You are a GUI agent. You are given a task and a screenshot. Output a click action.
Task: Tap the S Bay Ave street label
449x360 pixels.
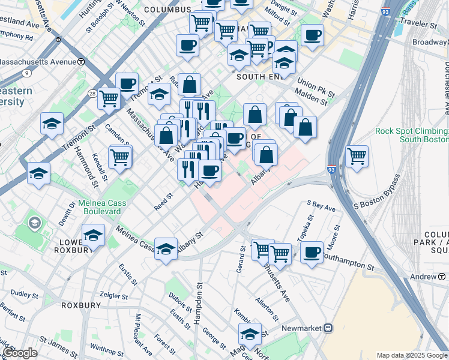pos(321,206)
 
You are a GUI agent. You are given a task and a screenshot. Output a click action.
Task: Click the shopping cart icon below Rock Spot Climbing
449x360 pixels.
pos(357,156)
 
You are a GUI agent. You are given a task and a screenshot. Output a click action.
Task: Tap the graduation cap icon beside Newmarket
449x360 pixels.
pos(250,334)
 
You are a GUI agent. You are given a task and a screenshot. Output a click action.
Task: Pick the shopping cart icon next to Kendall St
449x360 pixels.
pos(119,157)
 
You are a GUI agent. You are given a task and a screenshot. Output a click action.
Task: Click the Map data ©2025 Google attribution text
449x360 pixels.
pos(412,355)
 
